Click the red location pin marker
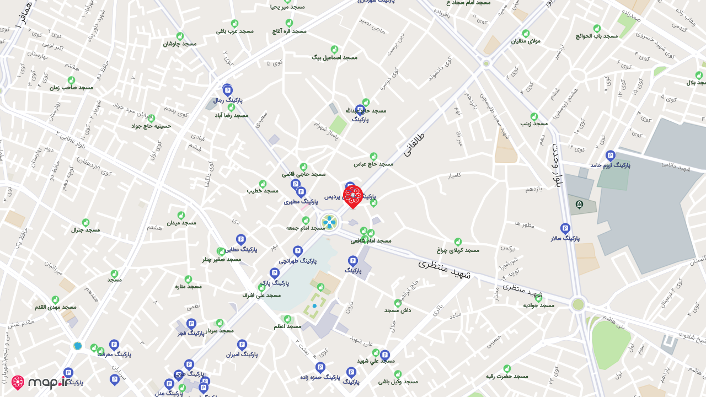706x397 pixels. click(353, 196)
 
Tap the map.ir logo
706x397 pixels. click(40, 383)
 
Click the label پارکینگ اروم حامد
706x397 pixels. click(609, 165)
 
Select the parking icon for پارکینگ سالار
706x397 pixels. click(565, 228)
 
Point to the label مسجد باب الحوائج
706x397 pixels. click(596, 36)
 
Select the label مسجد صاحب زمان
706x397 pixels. click(71, 88)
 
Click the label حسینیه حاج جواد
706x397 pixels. click(151, 126)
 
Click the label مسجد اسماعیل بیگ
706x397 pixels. click(334, 57)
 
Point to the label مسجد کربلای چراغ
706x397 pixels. click(458, 250)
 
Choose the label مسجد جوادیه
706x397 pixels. click(538, 305)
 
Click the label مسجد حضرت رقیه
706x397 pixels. click(506, 377)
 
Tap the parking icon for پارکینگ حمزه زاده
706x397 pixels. click(320, 367)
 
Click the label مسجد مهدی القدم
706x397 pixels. click(55, 307)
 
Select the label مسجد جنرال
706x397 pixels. click(85, 230)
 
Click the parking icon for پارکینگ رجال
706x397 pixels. click(227, 90)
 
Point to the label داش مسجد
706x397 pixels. click(397, 310)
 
